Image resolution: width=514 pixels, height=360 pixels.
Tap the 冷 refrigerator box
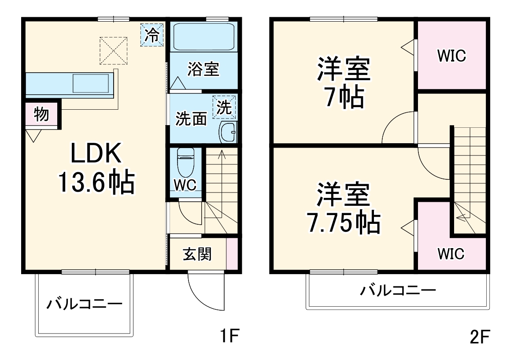[x=152, y=35]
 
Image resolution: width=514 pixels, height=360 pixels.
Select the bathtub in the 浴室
[x=203, y=37]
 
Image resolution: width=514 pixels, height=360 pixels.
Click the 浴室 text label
[x=203, y=69]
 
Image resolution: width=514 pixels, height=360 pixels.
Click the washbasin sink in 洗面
[x=228, y=132]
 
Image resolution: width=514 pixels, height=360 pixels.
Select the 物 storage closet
[x=41, y=115]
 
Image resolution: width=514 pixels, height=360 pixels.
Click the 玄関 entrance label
[x=197, y=254]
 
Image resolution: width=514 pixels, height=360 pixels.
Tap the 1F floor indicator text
[x=229, y=337]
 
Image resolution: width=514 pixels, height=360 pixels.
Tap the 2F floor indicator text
[x=479, y=338]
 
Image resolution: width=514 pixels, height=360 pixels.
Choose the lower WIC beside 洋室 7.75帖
[x=451, y=254]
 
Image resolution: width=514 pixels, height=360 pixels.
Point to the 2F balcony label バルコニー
[x=398, y=290]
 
